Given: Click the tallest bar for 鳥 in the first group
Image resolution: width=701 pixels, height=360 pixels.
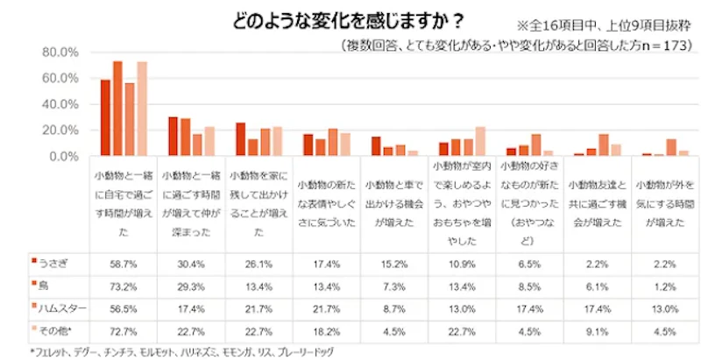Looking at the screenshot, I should pyautogui.click(x=117, y=109).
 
